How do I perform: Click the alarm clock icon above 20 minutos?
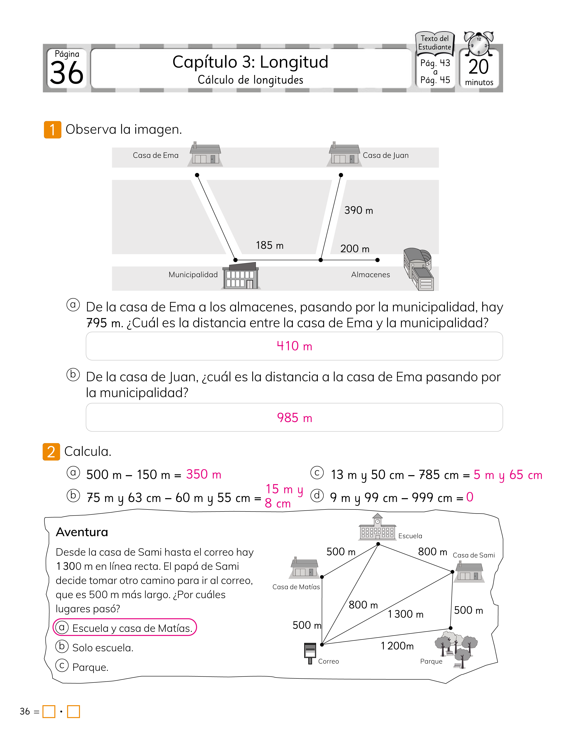coord(479,44)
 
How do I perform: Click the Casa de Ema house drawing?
coord(205,154)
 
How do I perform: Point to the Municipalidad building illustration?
coord(241,276)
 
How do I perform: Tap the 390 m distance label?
coord(359,210)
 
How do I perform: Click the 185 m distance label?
coord(270,245)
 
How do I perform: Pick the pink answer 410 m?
coord(294,346)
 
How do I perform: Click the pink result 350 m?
coord(204,474)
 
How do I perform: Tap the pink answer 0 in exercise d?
coord(470,497)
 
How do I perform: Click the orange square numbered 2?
coord(51,452)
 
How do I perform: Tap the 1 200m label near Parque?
coord(397,646)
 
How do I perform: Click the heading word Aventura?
coord(82,532)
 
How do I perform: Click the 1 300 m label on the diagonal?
coord(406,614)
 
